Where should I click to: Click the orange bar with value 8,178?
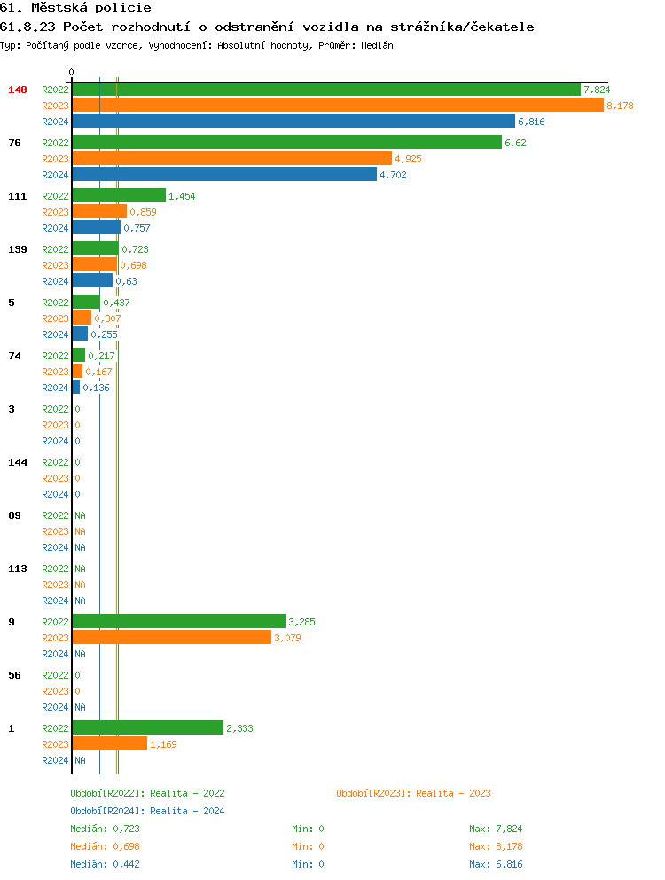coord(337,106)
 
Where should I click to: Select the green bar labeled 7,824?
coord(325,90)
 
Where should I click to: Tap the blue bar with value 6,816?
coord(293,122)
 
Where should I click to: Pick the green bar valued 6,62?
coord(286,143)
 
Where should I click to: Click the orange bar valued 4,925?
coord(231,159)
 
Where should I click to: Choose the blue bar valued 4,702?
coord(223,175)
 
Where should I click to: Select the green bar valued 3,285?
coord(178,622)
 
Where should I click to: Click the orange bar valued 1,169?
coord(109,744)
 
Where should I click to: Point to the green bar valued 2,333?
coord(147,728)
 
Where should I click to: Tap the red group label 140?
coord(18,90)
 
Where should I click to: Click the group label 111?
coord(18,196)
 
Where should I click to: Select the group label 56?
coord(14,675)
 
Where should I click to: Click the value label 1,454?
coord(182,196)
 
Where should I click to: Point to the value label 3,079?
coord(287,638)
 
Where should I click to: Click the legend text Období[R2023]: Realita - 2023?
coord(413,793)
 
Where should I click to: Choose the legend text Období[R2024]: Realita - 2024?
coord(147,811)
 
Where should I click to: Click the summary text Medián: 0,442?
coord(105,864)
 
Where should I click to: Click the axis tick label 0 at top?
coord(72,73)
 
